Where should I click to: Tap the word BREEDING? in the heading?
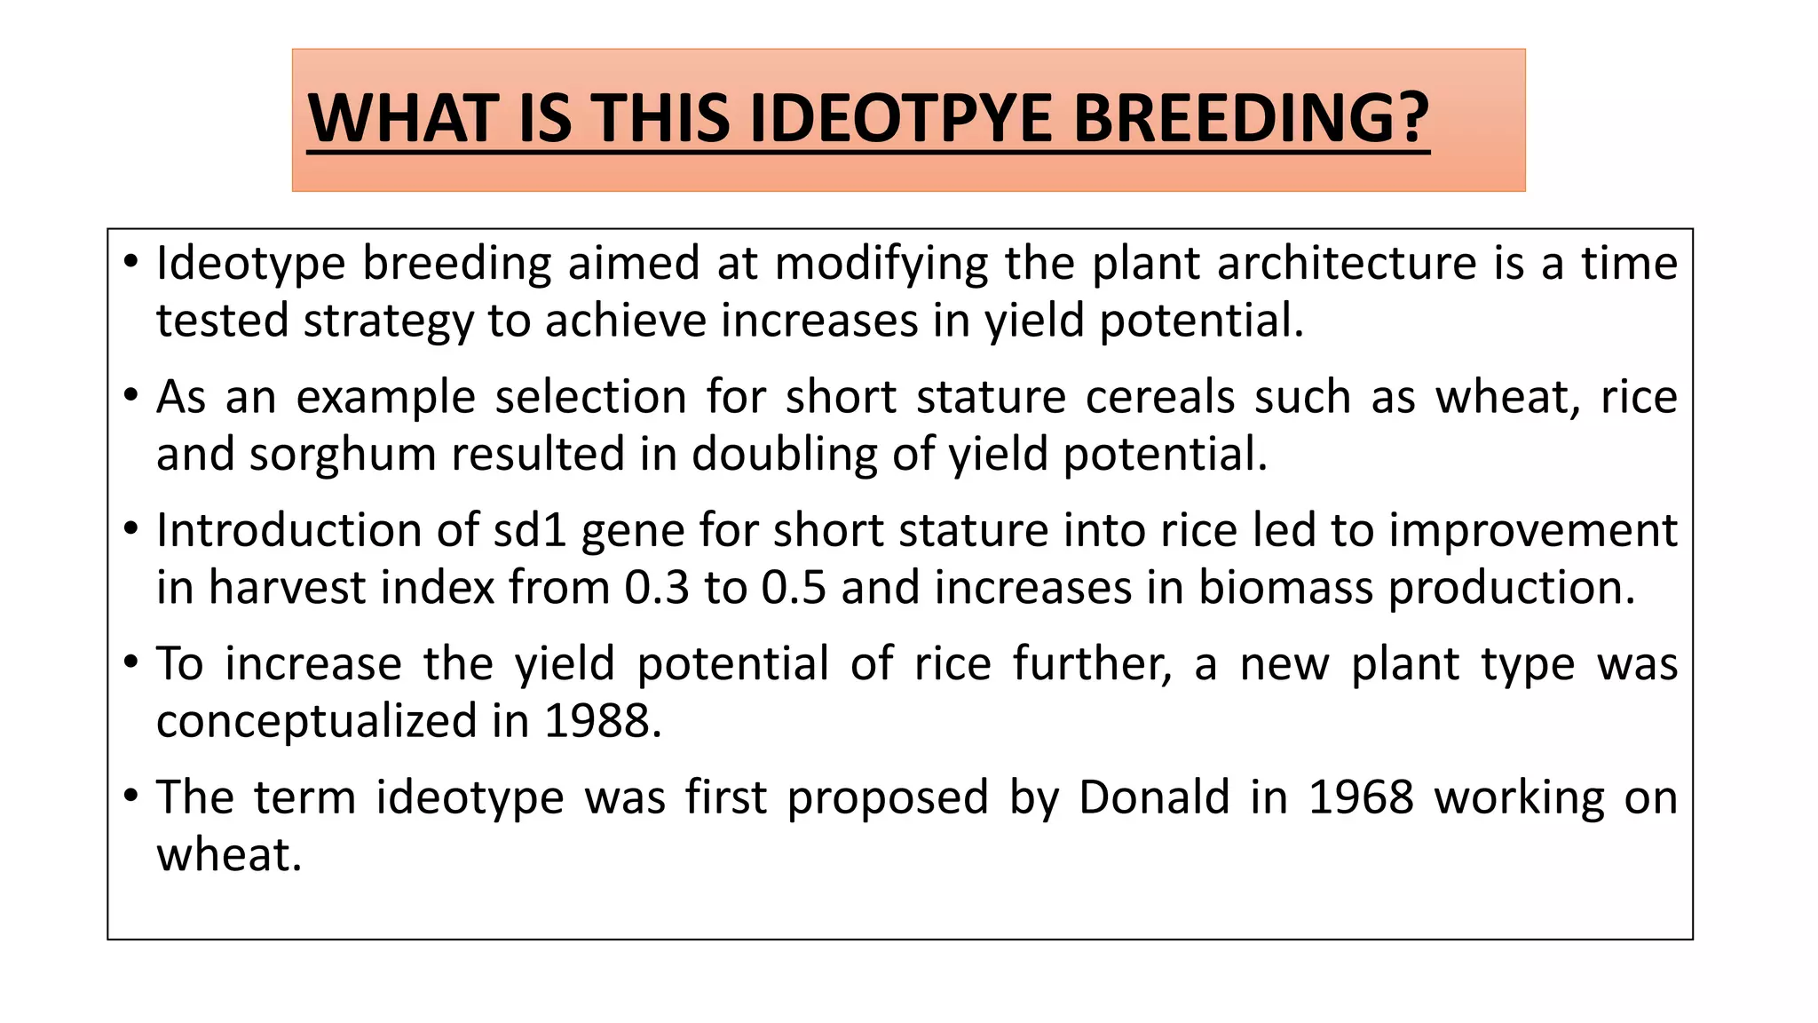click(1251, 118)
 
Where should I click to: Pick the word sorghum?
click(343, 455)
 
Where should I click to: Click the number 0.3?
click(657, 588)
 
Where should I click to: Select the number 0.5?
click(794, 588)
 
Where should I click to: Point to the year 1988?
click(603, 721)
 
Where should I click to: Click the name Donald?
click(1154, 797)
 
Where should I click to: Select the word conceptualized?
click(317, 721)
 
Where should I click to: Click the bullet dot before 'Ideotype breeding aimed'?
click(131, 262)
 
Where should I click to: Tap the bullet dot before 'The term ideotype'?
click(131, 795)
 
